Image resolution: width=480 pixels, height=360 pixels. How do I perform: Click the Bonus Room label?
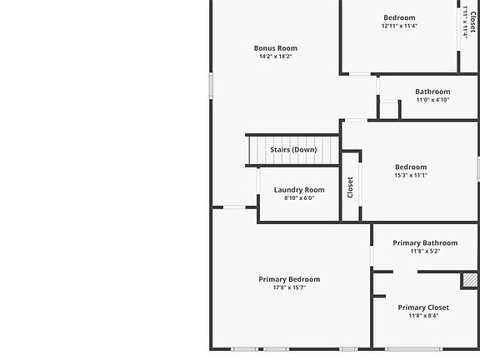(x=275, y=48)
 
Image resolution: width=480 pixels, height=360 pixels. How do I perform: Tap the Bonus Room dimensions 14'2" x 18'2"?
(x=275, y=57)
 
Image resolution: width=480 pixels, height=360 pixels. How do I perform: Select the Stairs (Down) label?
(x=293, y=150)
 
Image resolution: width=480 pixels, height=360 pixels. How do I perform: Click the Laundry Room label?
(x=299, y=190)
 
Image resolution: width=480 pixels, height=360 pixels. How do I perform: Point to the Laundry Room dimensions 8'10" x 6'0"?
(x=299, y=198)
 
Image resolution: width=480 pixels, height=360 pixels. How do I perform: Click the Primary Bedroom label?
(x=289, y=279)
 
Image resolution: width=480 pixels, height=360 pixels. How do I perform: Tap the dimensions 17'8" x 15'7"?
(x=289, y=287)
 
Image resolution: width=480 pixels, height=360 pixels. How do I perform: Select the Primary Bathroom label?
(x=424, y=242)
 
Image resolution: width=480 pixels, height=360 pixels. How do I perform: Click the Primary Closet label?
(x=423, y=307)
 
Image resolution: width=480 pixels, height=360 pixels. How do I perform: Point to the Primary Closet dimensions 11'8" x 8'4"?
(x=423, y=316)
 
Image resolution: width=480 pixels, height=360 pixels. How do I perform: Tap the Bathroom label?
(x=432, y=92)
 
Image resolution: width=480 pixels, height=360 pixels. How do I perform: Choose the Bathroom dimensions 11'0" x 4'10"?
(x=432, y=100)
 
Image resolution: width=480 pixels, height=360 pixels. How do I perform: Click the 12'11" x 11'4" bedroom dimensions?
(x=399, y=26)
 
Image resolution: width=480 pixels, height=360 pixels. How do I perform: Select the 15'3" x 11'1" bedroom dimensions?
(x=411, y=175)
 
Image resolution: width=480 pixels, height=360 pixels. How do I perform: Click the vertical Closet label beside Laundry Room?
(x=350, y=187)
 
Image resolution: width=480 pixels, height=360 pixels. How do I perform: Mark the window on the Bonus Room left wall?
(x=211, y=86)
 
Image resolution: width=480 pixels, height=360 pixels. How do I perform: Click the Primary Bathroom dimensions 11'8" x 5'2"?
(x=424, y=251)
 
